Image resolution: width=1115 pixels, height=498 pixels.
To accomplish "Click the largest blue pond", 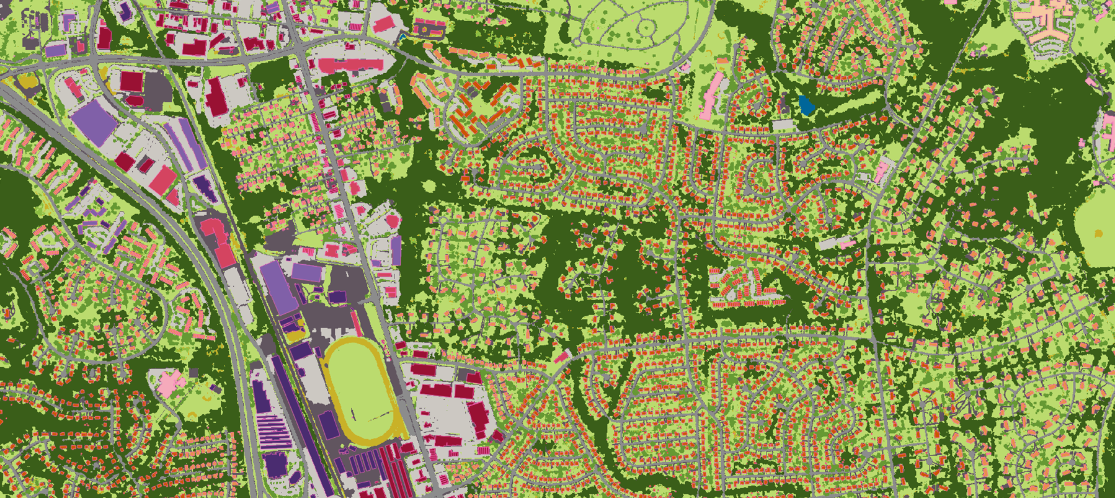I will tap(806, 105).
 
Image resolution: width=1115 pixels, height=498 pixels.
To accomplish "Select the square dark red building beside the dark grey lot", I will tap(131, 81).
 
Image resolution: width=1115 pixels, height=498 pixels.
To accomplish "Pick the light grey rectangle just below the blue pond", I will tap(783, 125).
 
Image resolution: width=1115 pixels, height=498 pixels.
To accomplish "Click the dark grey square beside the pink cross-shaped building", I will tap(193, 373).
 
